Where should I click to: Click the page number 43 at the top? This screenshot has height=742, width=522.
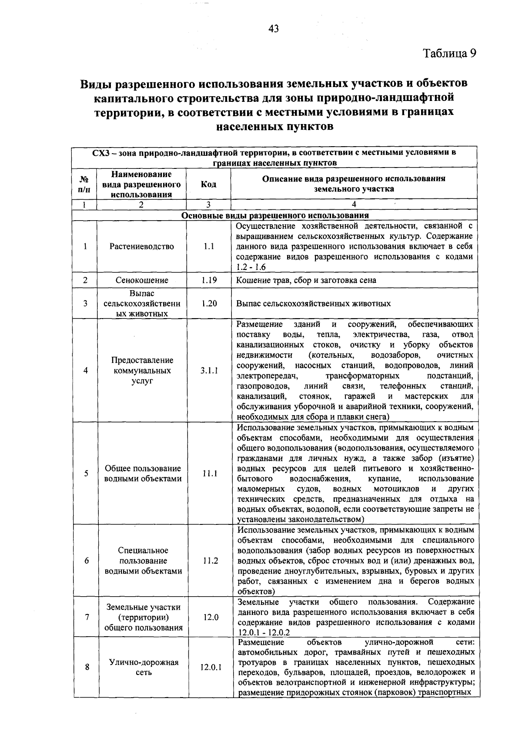pyautogui.click(x=274, y=29)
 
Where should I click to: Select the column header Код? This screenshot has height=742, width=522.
pyautogui.click(x=208, y=184)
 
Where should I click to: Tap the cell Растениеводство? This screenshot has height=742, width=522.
pyautogui.click(x=141, y=246)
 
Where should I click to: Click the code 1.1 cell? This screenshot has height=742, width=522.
pyautogui.click(x=209, y=246)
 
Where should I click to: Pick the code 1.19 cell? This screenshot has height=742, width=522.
pyautogui.click(x=209, y=280)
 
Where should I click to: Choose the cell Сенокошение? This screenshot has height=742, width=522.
pyautogui.click(x=141, y=280)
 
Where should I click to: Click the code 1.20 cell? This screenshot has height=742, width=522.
pyautogui.click(x=209, y=303)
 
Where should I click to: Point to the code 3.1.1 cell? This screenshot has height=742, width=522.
pyautogui.click(x=209, y=371)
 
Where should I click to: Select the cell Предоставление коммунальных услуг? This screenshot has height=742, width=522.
pyautogui.click(x=141, y=371)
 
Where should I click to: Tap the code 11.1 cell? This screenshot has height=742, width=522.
pyautogui.click(x=209, y=473)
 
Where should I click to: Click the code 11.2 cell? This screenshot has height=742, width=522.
pyautogui.click(x=210, y=561)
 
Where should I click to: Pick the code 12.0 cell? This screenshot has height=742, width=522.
pyautogui.click(x=210, y=617)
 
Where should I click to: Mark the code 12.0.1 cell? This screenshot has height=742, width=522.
pyautogui.click(x=211, y=667)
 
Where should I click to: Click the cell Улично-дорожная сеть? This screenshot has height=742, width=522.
pyautogui.click(x=144, y=667)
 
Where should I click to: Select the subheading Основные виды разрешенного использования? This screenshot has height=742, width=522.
pyautogui.click(x=274, y=215)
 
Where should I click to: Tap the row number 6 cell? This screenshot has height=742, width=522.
pyautogui.click(x=87, y=561)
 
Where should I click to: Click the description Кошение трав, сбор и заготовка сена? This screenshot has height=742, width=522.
pyautogui.click(x=306, y=280)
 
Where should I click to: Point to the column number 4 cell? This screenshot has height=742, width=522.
pyautogui.click(x=354, y=205)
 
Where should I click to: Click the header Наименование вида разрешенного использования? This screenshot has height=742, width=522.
pyautogui.click(x=141, y=184)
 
